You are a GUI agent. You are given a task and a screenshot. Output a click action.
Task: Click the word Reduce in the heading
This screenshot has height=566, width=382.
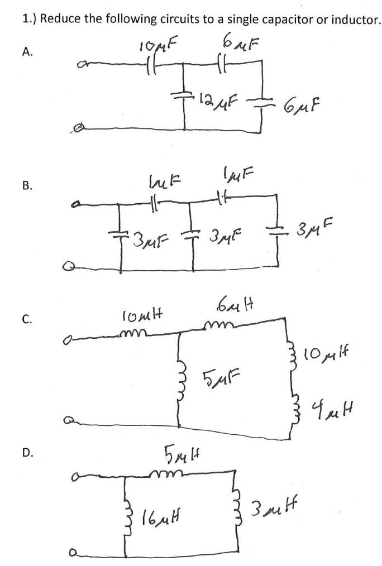pyautogui.click(x=59, y=20)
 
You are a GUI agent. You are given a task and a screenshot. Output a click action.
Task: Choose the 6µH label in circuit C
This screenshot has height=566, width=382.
pyautogui.click(x=231, y=306)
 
